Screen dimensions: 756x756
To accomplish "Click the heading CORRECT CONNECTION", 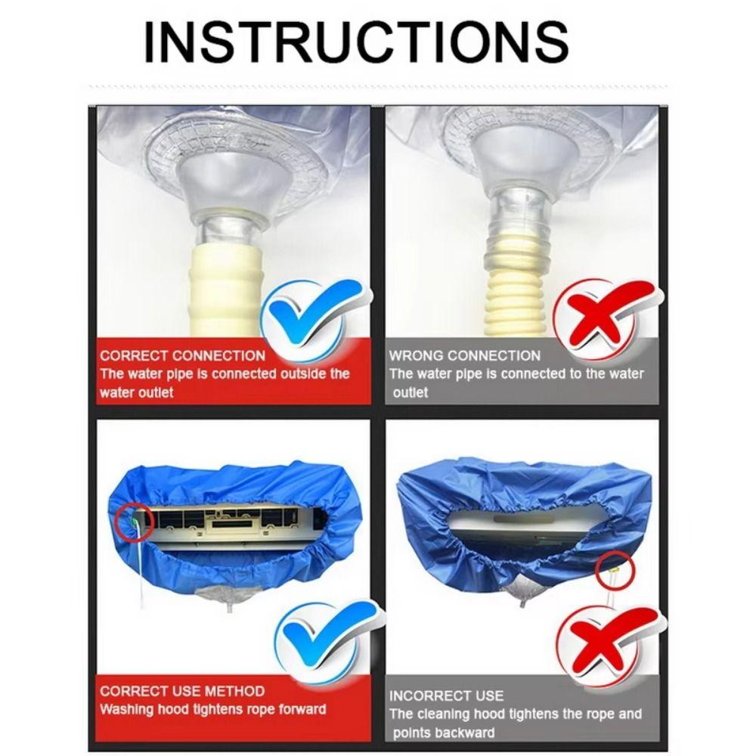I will click(x=183, y=355).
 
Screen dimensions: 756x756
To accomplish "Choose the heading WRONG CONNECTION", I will click(x=465, y=355).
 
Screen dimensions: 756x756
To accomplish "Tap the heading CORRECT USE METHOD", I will click(x=182, y=691).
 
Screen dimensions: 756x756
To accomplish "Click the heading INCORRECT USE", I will click(x=446, y=696).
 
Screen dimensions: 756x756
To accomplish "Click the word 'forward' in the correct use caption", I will click(x=301, y=709).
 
